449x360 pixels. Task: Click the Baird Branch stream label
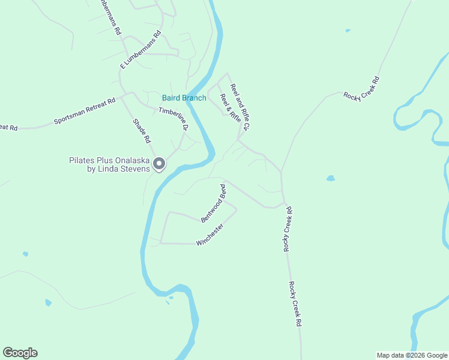click(x=184, y=98)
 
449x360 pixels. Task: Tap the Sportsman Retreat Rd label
click(x=84, y=111)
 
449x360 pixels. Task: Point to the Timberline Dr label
click(x=173, y=118)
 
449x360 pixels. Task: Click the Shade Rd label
click(x=141, y=131)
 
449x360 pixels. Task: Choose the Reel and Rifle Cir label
click(x=240, y=107)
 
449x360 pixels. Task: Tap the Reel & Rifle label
click(x=226, y=104)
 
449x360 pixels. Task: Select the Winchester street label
click(x=210, y=235)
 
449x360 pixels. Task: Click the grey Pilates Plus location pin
click(x=159, y=163)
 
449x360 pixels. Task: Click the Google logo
click(x=20, y=353)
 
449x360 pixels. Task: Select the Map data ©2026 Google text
click(x=412, y=355)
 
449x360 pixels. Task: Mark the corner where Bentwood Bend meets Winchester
click(x=236, y=209)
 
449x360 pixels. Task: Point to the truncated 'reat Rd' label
click(x=8, y=127)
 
